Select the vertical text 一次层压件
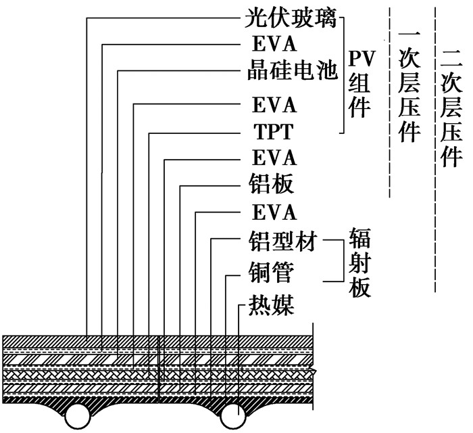[406, 85]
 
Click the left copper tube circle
[79, 414]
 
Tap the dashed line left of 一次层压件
[390, 101]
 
